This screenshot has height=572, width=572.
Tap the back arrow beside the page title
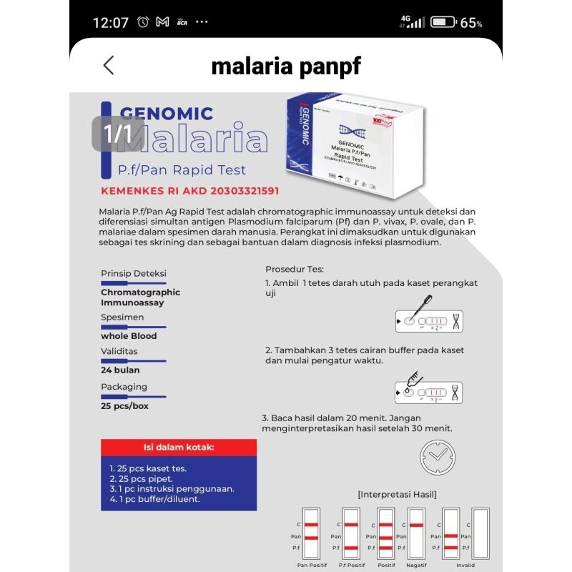[109, 66]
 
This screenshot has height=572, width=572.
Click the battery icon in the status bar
[443, 22]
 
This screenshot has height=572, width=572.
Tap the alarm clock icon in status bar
[143, 22]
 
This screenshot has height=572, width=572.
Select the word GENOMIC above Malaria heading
[167, 113]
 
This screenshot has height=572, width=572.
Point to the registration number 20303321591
[237, 191]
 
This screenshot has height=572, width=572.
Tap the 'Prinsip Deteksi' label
[134, 274]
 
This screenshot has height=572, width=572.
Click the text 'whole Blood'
[129, 336]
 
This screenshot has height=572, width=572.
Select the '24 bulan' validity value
[120, 370]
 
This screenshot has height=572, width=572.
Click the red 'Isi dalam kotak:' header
[179, 448]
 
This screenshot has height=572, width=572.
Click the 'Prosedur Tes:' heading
[295, 270]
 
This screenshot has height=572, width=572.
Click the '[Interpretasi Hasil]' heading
[397, 494]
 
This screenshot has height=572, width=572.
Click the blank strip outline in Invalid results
[480, 533]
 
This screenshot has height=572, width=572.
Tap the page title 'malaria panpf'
[286, 66]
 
